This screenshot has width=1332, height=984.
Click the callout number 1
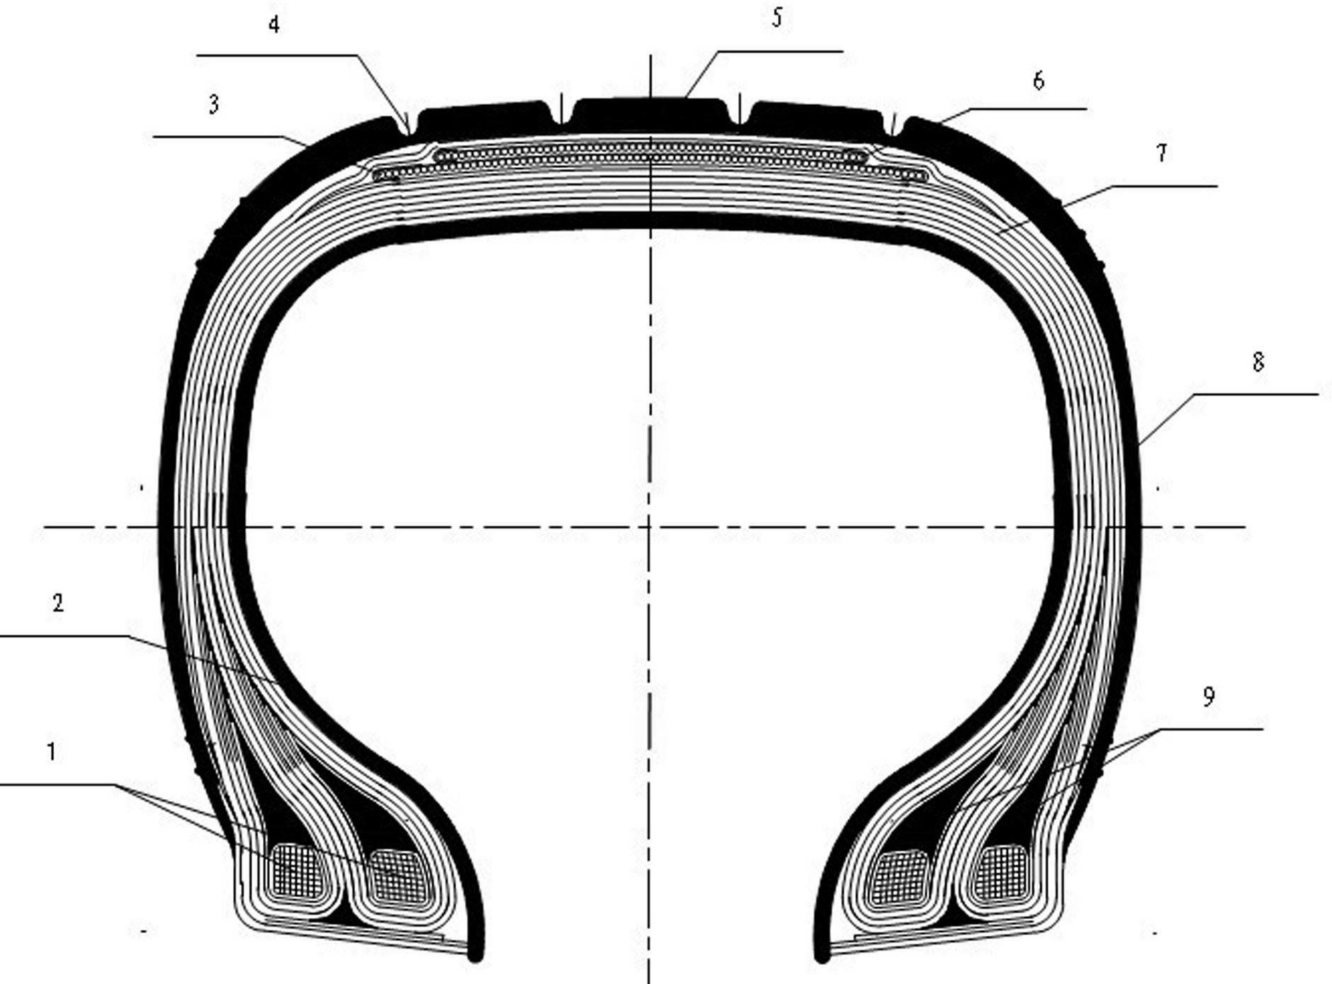[x=51, y=752]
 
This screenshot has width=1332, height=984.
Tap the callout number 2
[x=58, y=603]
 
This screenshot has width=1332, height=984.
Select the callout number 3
[x=213, y=104]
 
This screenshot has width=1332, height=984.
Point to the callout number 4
[x=273, y=24]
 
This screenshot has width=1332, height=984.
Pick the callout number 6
[x=1038, y=81]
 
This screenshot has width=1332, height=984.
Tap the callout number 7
[x=1161, y=153]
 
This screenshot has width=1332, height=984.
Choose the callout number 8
[x=1258, y=363]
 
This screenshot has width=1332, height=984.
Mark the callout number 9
[x=1209, y=697]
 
